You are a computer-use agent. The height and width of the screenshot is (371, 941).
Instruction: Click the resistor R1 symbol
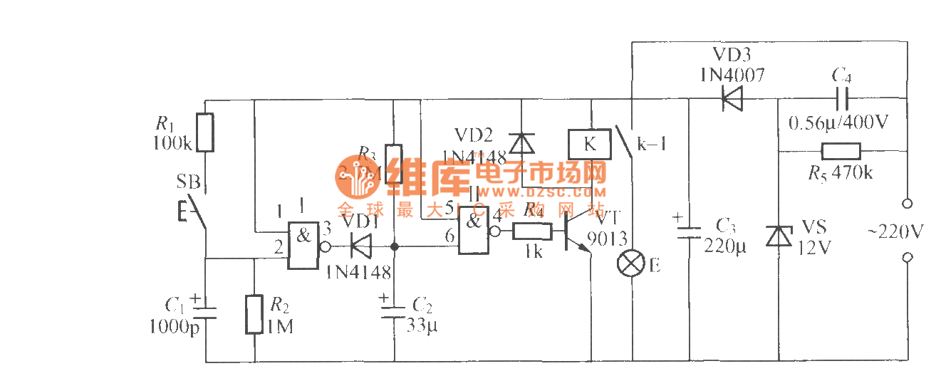pos(205,132)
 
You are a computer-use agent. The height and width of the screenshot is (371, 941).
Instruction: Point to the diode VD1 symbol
pos(362,246)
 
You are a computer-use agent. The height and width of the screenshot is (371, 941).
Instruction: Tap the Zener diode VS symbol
pos(776,235)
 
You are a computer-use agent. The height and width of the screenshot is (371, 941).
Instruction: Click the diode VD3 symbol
pos(732,98)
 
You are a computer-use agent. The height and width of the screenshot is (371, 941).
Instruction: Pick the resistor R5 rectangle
pos(841,151)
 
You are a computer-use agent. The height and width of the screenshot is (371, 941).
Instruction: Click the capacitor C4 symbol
pos(841,98)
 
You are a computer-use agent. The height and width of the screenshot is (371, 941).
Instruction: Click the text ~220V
pos(895,231)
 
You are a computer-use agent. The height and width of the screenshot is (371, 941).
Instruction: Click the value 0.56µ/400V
pos(839,122)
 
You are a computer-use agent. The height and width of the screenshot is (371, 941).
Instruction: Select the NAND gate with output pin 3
pos(303,244)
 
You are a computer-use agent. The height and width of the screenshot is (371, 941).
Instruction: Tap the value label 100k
pos(172,143)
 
